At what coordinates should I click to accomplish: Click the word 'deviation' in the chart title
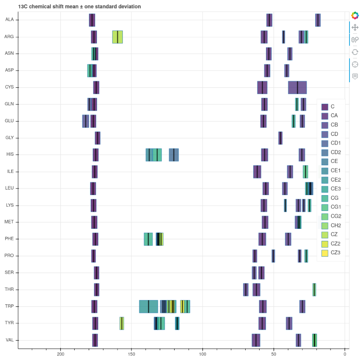(x=128, y=7)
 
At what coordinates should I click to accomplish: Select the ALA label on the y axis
(x=9, y=20)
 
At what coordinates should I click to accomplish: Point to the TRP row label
(x=9, y=306)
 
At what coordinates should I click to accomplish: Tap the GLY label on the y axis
(x=10, y=138)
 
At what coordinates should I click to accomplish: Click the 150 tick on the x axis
(x=132, y=354)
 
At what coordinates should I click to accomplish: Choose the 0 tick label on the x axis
(x=345, y=354)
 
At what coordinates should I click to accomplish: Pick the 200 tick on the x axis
(x=60, y=354)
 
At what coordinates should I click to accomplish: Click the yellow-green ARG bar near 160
(x=117, y=37)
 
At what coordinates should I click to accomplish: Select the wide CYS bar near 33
(x=297, y=87)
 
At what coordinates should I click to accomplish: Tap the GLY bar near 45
(x=280, y=138)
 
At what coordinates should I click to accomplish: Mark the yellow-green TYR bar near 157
(x=122, y=323)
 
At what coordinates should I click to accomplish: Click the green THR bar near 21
(x=314, y=290)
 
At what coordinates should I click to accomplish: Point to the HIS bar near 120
(x=174, y=155)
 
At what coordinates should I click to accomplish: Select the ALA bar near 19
(x=318, y=20)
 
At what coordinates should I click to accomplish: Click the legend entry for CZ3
(x=331, y=253)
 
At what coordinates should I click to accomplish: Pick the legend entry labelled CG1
(x=331, y=207)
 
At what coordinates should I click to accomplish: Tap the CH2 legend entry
(x=331, y=225)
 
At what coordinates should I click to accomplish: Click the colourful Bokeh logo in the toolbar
(x=355, y=15)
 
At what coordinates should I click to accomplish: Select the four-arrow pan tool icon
(x=355, y=27)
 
